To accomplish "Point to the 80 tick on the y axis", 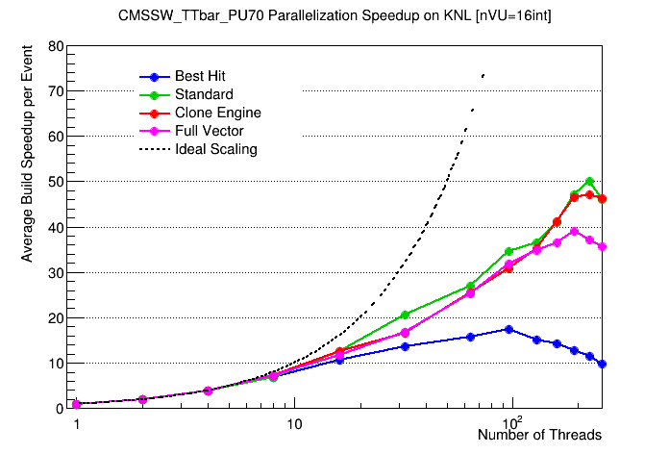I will click(58, 46).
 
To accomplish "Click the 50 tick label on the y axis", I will click(58, 182).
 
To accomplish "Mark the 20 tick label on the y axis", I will click(58, 318).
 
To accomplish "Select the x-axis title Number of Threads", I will click(539, 436).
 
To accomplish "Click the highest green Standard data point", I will click(589, 182).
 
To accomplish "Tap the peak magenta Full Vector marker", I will click(575, 231).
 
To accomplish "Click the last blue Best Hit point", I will click(602, 364).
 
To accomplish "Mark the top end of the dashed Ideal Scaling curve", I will click(483, 74).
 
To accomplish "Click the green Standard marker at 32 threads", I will click(405, 315).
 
